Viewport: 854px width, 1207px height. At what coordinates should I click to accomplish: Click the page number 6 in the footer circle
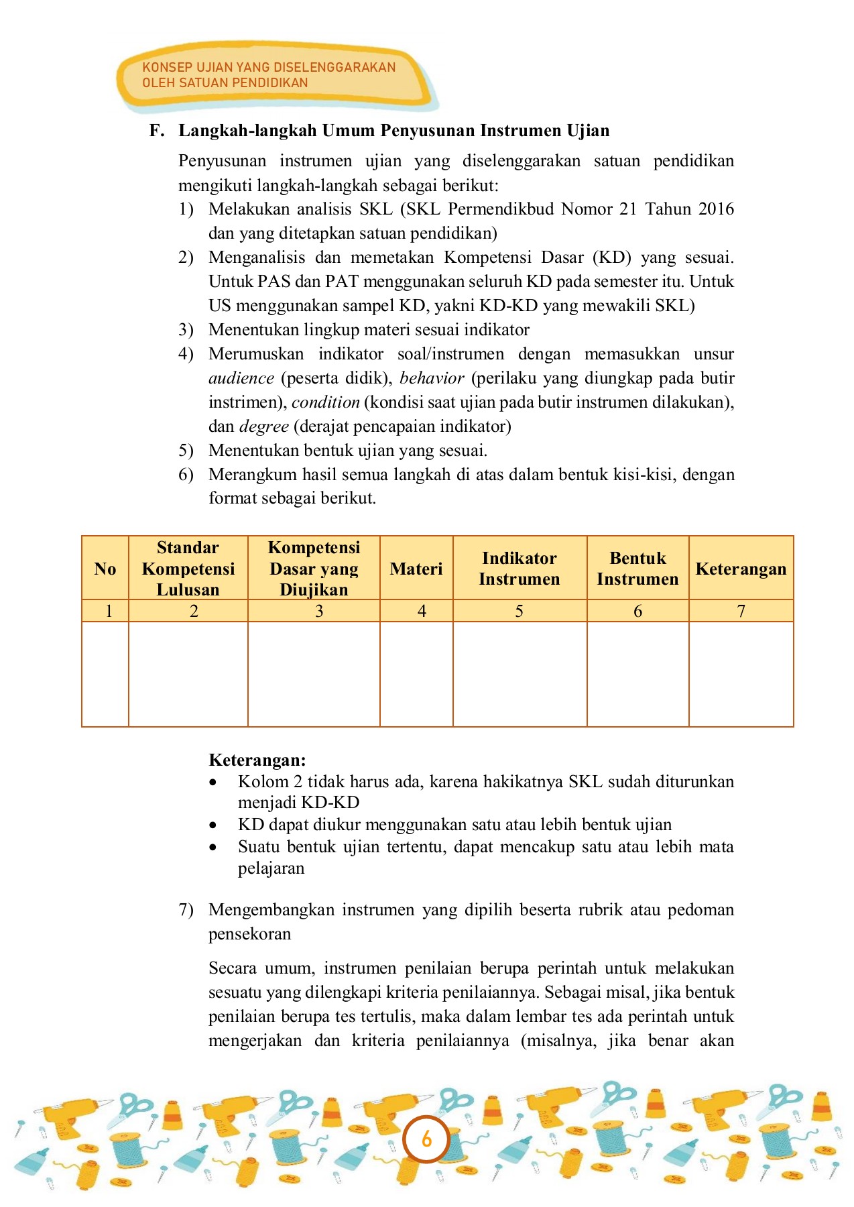click(426, 1139)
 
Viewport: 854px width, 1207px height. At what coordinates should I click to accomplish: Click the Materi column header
click(416, 569)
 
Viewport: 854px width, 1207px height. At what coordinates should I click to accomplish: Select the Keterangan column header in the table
click(741, 569)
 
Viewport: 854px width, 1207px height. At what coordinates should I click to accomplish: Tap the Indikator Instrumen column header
click(519, 569)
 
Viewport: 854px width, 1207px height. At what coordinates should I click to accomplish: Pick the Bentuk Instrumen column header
click(637, 569)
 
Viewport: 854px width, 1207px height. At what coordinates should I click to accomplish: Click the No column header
click(105, 569)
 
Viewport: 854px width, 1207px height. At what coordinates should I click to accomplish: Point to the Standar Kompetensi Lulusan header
click(188, 569)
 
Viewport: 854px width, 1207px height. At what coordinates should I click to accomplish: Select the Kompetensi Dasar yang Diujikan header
click(314, 569)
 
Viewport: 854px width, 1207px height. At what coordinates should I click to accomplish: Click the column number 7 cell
click(741, 611)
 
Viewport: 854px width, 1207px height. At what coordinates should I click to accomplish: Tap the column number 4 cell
click(422, 611)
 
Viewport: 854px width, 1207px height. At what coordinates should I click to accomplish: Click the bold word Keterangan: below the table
click(257, 760)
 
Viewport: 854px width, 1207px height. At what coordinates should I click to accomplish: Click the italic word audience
click(241, 378)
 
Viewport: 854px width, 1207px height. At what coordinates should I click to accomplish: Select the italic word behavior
click(432, 378)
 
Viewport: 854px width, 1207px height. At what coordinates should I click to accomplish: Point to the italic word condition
click(326, 402)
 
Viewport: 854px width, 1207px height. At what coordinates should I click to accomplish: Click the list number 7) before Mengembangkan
click(186, 910)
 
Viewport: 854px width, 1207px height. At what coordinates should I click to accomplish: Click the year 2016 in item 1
click(716, 209)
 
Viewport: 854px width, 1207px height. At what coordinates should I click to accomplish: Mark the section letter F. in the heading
click(157, 130)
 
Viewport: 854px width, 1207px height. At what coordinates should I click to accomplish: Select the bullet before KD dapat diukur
click(213, 825)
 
